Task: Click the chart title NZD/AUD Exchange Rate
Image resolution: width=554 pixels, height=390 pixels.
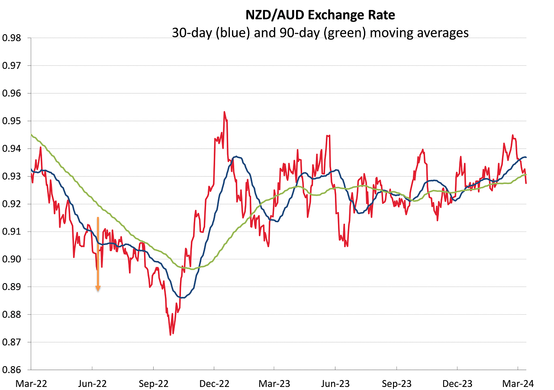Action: pos(320,15)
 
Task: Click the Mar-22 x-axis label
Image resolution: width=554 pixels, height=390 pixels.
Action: pos(31,383)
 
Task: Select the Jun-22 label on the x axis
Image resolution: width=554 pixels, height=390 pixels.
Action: pos(92,383)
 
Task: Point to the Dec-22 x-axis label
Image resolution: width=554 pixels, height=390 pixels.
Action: pos(214,383)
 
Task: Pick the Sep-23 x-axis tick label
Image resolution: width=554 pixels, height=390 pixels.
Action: pos(396,383)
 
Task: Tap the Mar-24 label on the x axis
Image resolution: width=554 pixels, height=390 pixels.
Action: pos(518,383)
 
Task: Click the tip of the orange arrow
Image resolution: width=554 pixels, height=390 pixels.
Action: pos(98,291)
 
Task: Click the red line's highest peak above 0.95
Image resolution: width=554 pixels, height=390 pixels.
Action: pos(224,112)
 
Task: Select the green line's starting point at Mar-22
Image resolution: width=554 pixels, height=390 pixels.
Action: pos(31,135)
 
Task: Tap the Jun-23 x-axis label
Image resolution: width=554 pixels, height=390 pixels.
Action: pos(335,383)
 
